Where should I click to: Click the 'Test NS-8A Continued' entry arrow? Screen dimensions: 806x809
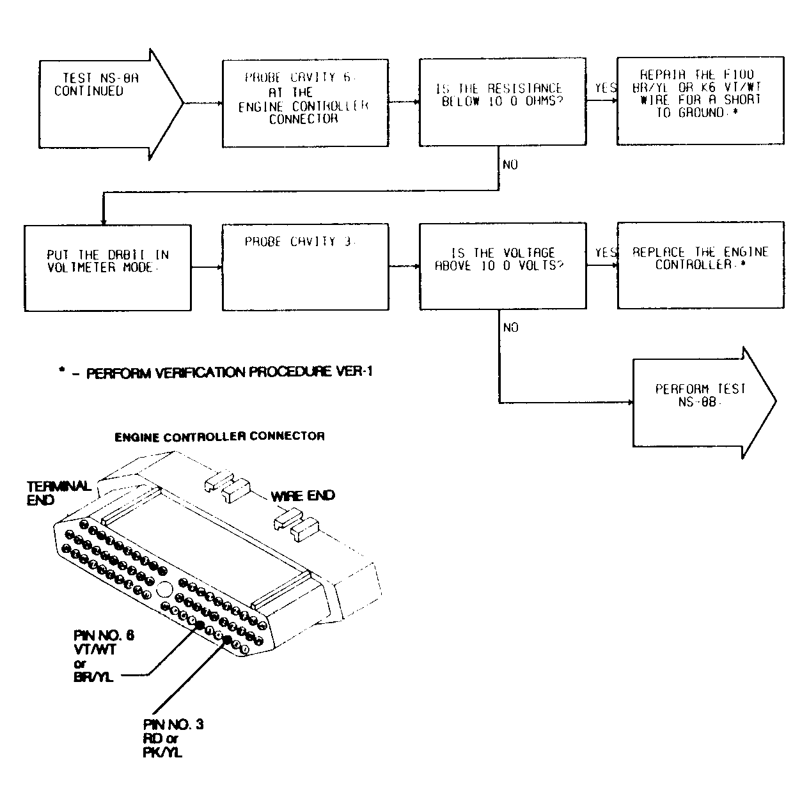pyautogui.click(x=102, y=102)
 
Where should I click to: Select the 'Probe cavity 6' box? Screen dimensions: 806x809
pyautogui.click(x=305, y=103)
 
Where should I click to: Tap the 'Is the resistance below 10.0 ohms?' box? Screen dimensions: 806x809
pyautogui.click(x=502, y=102)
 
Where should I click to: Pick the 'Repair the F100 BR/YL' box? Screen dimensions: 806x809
pyautogui.click(x=700, y=100)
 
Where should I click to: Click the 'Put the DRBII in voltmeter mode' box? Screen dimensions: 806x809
pyautogui.click(x=107, y=267)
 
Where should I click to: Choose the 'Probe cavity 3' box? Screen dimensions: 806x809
pyautogui.click(x=305, y=267)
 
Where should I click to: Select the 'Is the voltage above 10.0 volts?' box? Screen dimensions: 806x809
pyautogui.click(x=502, y=266)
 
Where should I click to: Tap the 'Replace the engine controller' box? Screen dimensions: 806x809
pyautogui.click(x=700, y=265)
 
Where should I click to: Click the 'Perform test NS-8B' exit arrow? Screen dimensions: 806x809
pyautogui.click(x=697, y=402)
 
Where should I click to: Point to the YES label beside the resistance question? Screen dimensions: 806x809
pyautogui.click(x=605, y=88)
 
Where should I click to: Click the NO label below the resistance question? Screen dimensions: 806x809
pyautogui.click(x=510, y=165)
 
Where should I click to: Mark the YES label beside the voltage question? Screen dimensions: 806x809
pyautogui.click(x=605, y=253)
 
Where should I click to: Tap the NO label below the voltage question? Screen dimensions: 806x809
pyautogui.click(x=510, y=328)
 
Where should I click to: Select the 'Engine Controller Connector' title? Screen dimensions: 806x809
pyautogui.click(x=219, y=437)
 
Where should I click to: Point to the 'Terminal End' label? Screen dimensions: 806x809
pyautogui.click(x=58, y=493)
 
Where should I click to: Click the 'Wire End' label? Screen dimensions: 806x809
pyautogui.click(x=302, y=496)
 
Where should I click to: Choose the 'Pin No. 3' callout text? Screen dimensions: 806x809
pyautogui.click(x=173, y=738)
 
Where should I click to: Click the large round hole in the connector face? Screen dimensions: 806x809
pyautogui.click(x=164, y=591)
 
